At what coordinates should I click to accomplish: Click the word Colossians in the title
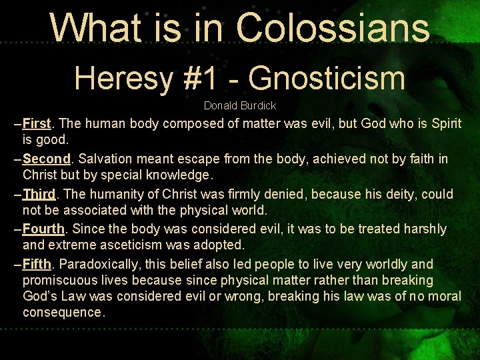click(333, 28)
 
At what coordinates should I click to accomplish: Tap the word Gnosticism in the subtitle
click(327, 78)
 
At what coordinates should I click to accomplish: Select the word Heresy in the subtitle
click(121, 78)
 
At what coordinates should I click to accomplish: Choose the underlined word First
click(37, 124)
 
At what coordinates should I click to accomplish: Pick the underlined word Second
click(46, 159)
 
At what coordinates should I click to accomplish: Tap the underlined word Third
click(39, 194)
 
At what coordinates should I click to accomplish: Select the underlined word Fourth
click(43, 229)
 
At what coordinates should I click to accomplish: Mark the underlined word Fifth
click(37, 264)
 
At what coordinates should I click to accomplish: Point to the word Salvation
click(106, 159)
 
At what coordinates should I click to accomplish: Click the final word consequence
click(63, 312)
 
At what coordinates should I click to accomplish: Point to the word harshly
click(424, 229)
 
